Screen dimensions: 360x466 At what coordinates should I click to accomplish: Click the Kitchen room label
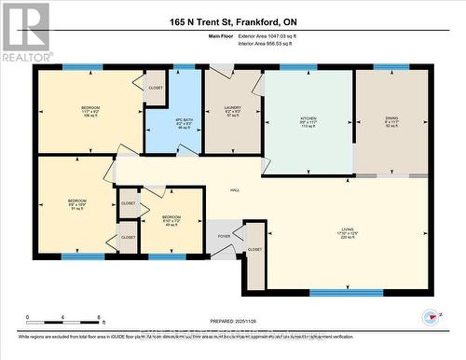click(x=308, y=119)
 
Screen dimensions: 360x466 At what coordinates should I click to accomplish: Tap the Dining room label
click(x=391, y=119)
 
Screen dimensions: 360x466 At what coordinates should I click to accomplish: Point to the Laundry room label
click(x=232, y=112)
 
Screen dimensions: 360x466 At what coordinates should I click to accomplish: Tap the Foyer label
click(x=224, y=237)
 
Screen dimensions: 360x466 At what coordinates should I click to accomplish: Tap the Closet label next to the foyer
click(x=254, y=249)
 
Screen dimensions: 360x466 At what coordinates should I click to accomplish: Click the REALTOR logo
click(x=25, y=32)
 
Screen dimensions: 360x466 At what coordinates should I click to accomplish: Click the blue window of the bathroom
click(x=185, y=66)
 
